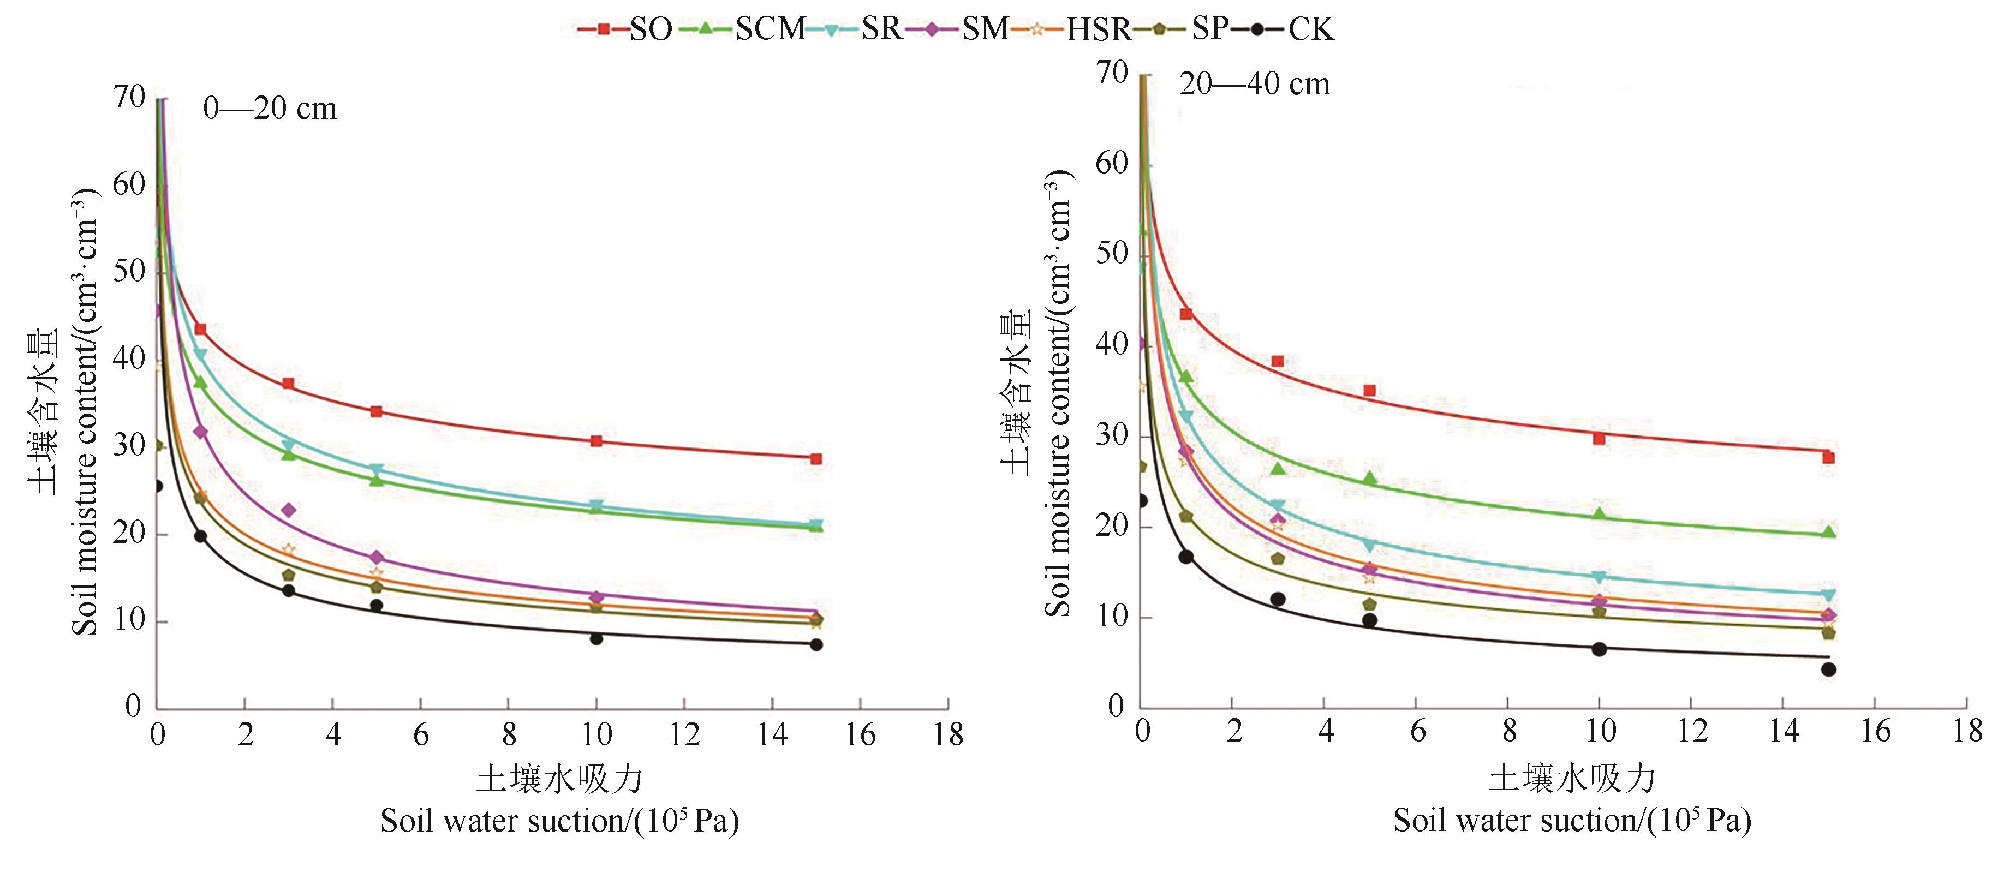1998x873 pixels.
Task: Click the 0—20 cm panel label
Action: pyautogui.click(x=270, y=109)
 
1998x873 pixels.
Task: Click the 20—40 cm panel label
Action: pyautogui.click(x=1254, y=83)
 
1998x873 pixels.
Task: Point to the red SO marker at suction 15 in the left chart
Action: pyautogui.click(x=816, y=459)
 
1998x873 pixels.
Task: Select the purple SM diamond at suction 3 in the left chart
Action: pyautogui.click(x=289, y=510)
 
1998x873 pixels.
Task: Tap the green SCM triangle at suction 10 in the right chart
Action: pyautogui.click(x=1599, y=514)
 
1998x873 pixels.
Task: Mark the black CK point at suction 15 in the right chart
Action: pyautogui.click(x=1828, y=669)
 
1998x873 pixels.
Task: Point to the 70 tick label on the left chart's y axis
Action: pyautogui.click(x=129, y=98)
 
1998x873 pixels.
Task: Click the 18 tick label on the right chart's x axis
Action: pyautogui.click(x=1967, y=731)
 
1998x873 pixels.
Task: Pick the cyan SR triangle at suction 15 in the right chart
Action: pyautogui.click(x=1828, y=595)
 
